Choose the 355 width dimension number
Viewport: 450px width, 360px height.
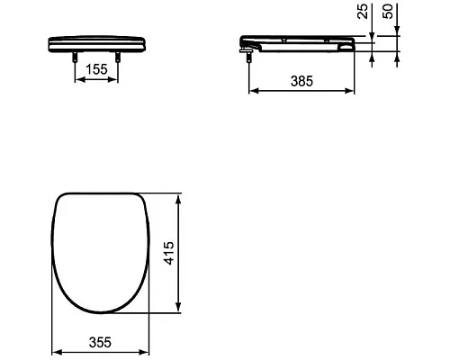click(x=100, y=342)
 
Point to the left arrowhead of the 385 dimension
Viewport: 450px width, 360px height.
click(x=251, y=90)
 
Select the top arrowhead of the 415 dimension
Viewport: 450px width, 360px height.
click(x=184, y=194)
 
